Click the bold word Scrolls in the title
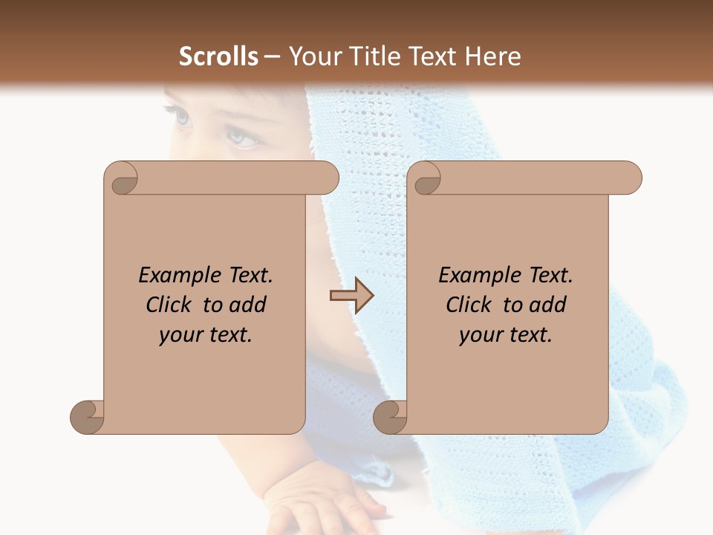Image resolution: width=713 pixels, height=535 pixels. pyautogui.click(x=218, y=56)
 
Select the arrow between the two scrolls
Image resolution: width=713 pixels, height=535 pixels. pyautogui.click(x=352, y=296)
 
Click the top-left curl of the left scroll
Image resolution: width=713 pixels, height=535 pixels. pyautogui.click(x=122, y=178)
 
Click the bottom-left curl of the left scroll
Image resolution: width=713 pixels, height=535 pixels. pyautogui.click(x=87, y=417)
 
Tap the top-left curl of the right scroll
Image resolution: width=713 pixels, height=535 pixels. pyautogui.click(x=426, y=178)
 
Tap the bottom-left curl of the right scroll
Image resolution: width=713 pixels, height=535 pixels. pyautogui.click(x=390, y=417)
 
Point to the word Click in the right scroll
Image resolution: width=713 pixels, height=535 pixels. pyautogui.click(x=469, y=305)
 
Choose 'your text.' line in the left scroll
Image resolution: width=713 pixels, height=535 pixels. pyautogui.click(x=206, y=335)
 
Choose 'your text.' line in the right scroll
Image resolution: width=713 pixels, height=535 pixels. pyautogui.click(x=506, y=335)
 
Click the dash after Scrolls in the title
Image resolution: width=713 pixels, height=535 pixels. pyautogui.click(x=272, y=56)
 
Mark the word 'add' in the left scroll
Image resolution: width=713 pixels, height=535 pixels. pyautogui.click(x=248, y=305)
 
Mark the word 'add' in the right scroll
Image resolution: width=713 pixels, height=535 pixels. pyautogui.click(x=548, y=305)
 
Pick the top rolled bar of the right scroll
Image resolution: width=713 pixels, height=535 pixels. pyautogui.click(x=535, y=178)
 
